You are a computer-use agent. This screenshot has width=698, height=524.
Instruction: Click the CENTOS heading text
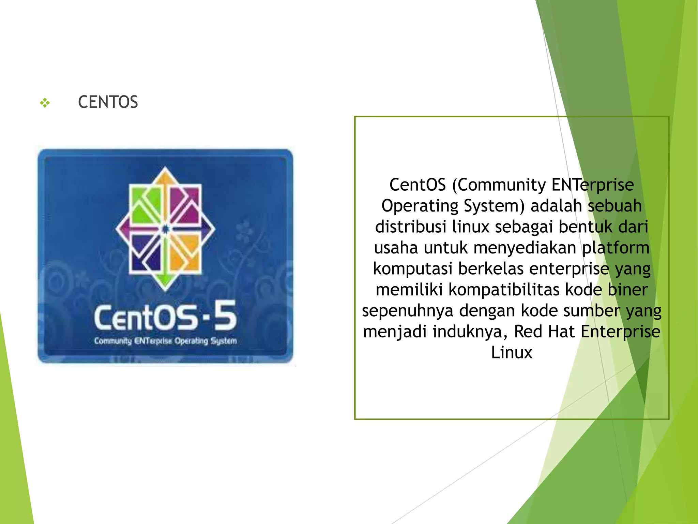(x=108, y=102)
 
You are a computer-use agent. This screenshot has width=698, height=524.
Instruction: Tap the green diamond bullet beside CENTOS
(x=45, y=102)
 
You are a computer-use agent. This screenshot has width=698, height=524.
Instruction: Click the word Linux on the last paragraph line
(x=512, y=352)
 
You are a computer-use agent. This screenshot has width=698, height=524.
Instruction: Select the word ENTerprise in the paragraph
(x=593, y=185)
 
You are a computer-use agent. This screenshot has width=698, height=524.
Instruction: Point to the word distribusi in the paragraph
(x=410, y=227)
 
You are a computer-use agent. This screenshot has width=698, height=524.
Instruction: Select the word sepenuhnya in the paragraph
(x=408, y=311)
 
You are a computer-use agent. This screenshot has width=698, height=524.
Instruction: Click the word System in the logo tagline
(x=223, y=341)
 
